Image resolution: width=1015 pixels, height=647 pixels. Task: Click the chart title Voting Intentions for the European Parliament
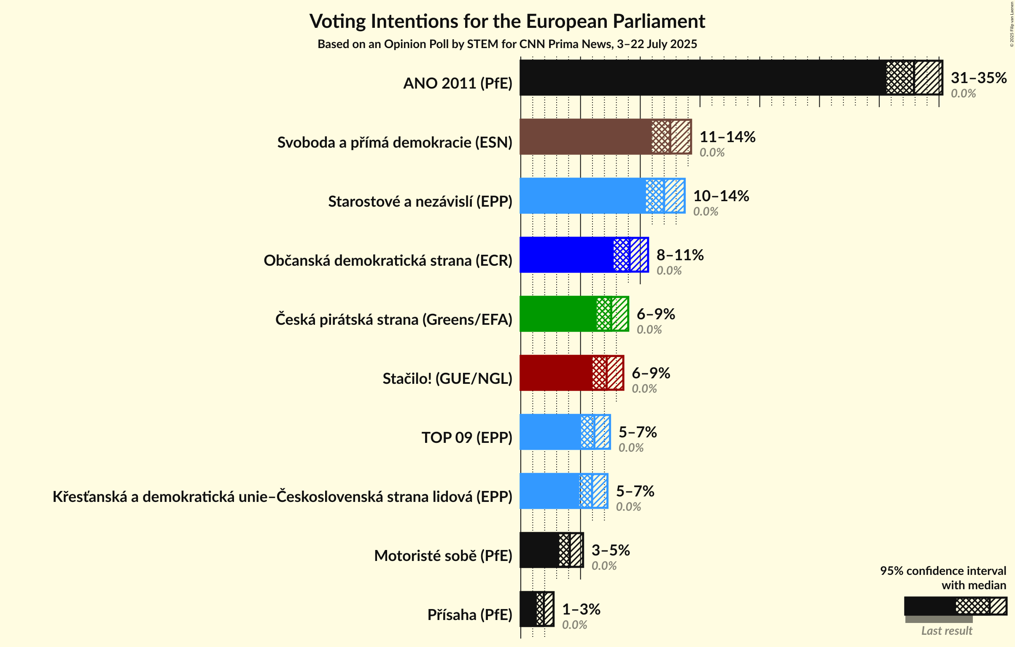tap(507, 21)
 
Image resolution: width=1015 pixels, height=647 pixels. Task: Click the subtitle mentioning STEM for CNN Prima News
tap(507, 44)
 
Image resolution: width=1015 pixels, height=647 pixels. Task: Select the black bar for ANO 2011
tap(700, 78)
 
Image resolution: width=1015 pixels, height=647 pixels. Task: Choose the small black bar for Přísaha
tap(528, 609)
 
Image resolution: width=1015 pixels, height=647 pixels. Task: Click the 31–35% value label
tap(978, 78)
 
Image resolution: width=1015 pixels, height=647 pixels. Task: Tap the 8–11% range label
tap(680, 255)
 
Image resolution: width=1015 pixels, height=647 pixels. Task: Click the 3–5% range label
tap(610, 550)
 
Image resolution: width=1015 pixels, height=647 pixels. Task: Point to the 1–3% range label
tap(581, 609)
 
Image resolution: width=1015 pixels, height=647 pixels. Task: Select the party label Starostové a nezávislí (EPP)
tap(420, 202)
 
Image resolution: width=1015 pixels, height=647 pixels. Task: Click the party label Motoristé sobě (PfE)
tap(443, 556)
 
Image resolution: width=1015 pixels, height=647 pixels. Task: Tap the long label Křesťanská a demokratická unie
tap(282, 497)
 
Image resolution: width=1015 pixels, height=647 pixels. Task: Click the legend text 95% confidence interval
tap(942, 571)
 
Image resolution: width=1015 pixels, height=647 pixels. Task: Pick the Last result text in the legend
tap(946, 631)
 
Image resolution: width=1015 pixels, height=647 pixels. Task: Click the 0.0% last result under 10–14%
tap(705, 211)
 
